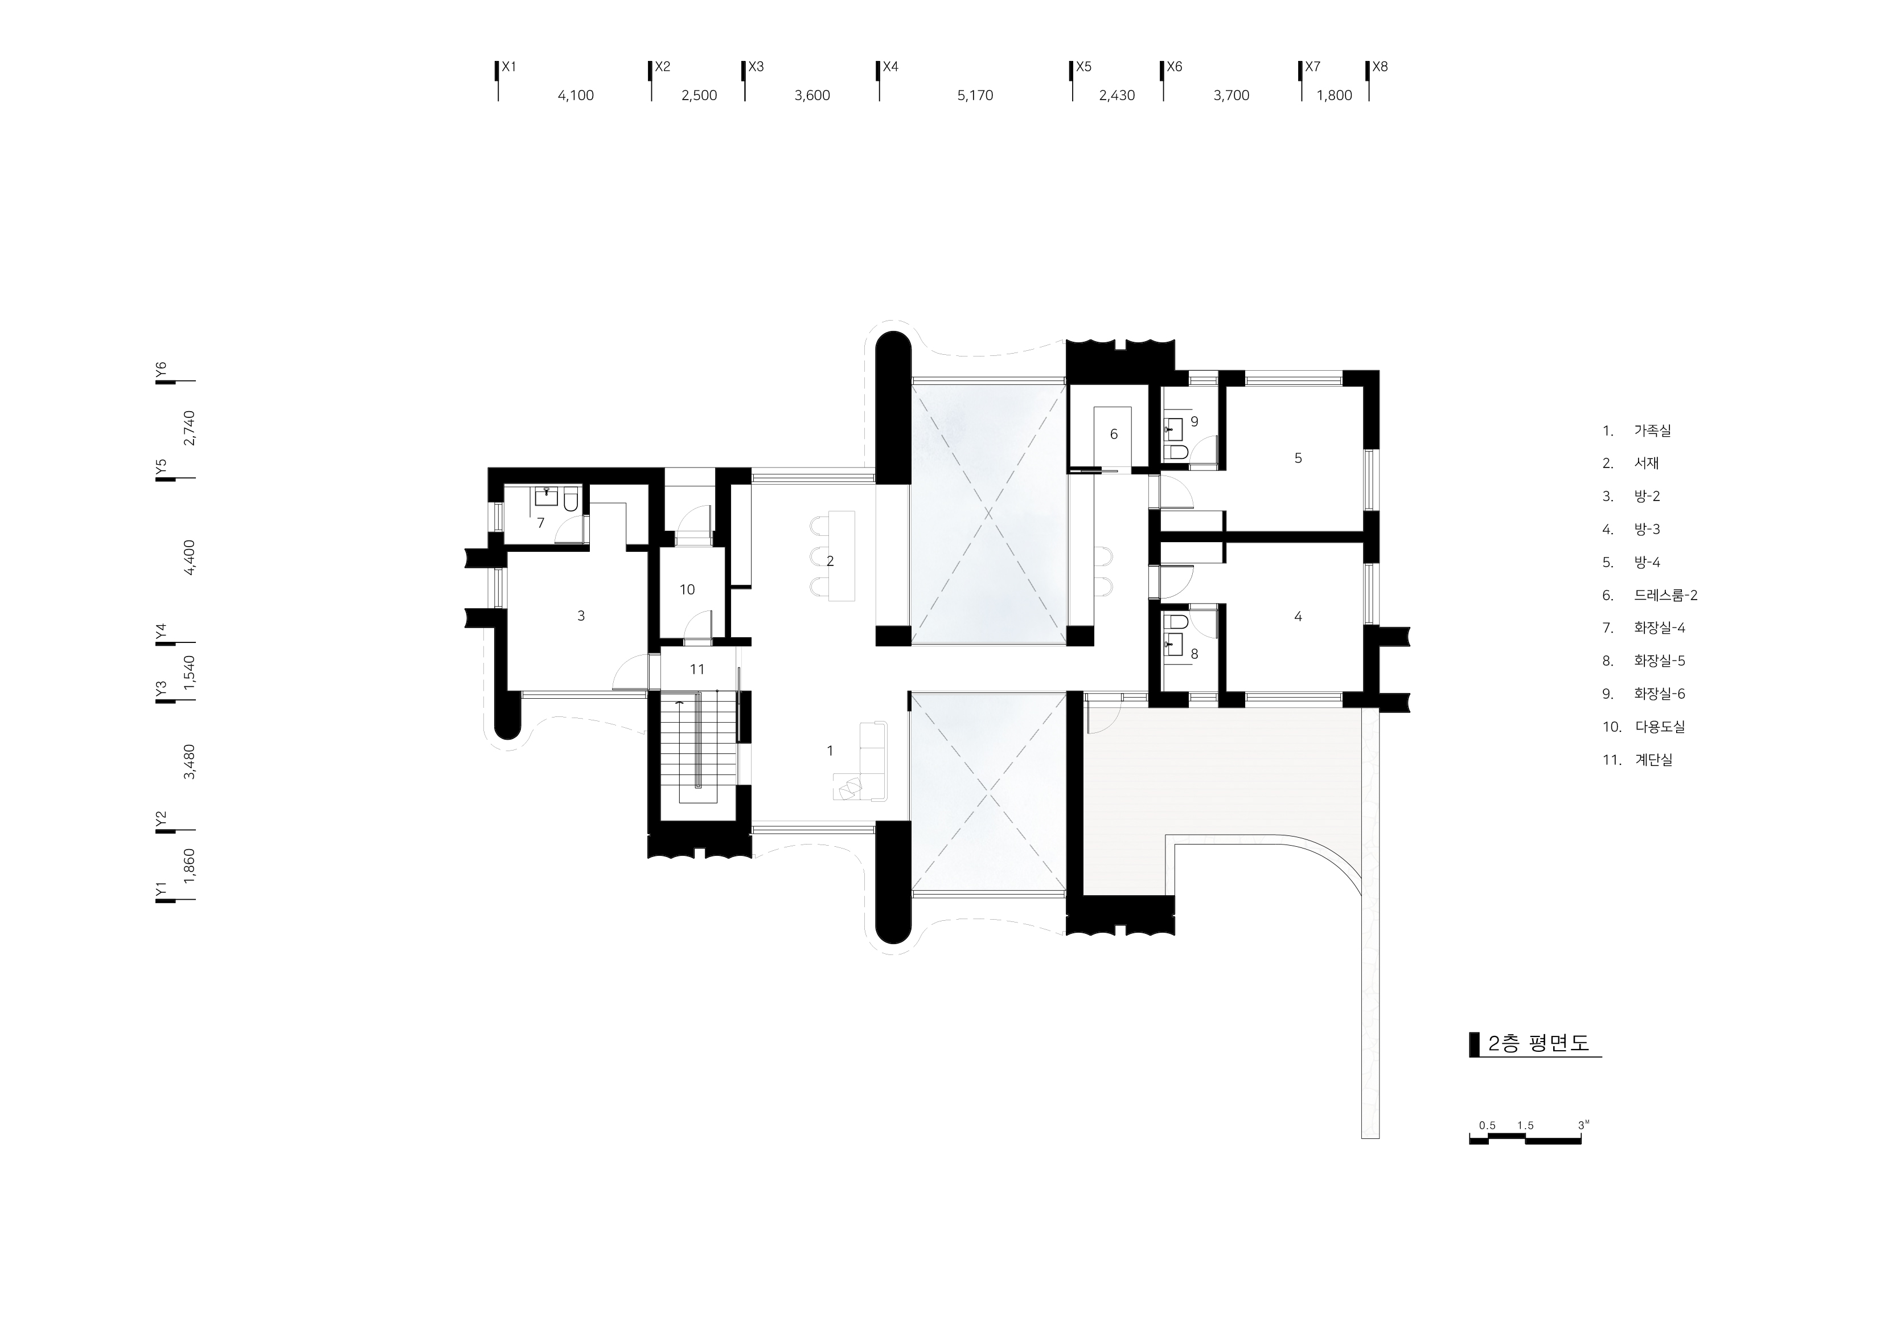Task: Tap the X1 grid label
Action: tap(509, 67)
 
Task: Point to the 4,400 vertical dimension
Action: tap(190, 558)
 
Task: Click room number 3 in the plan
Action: tap(581, 616)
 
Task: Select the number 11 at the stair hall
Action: tap(697, 670)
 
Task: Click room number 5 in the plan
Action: tap(1298, 458)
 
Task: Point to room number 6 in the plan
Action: tap(1114, 434)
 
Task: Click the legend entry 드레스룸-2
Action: tap(1665, 595)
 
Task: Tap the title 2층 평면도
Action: tap(1538, 1043)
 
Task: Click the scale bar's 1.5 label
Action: tap(1525, 1125)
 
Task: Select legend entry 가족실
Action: tap(1652, 430)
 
